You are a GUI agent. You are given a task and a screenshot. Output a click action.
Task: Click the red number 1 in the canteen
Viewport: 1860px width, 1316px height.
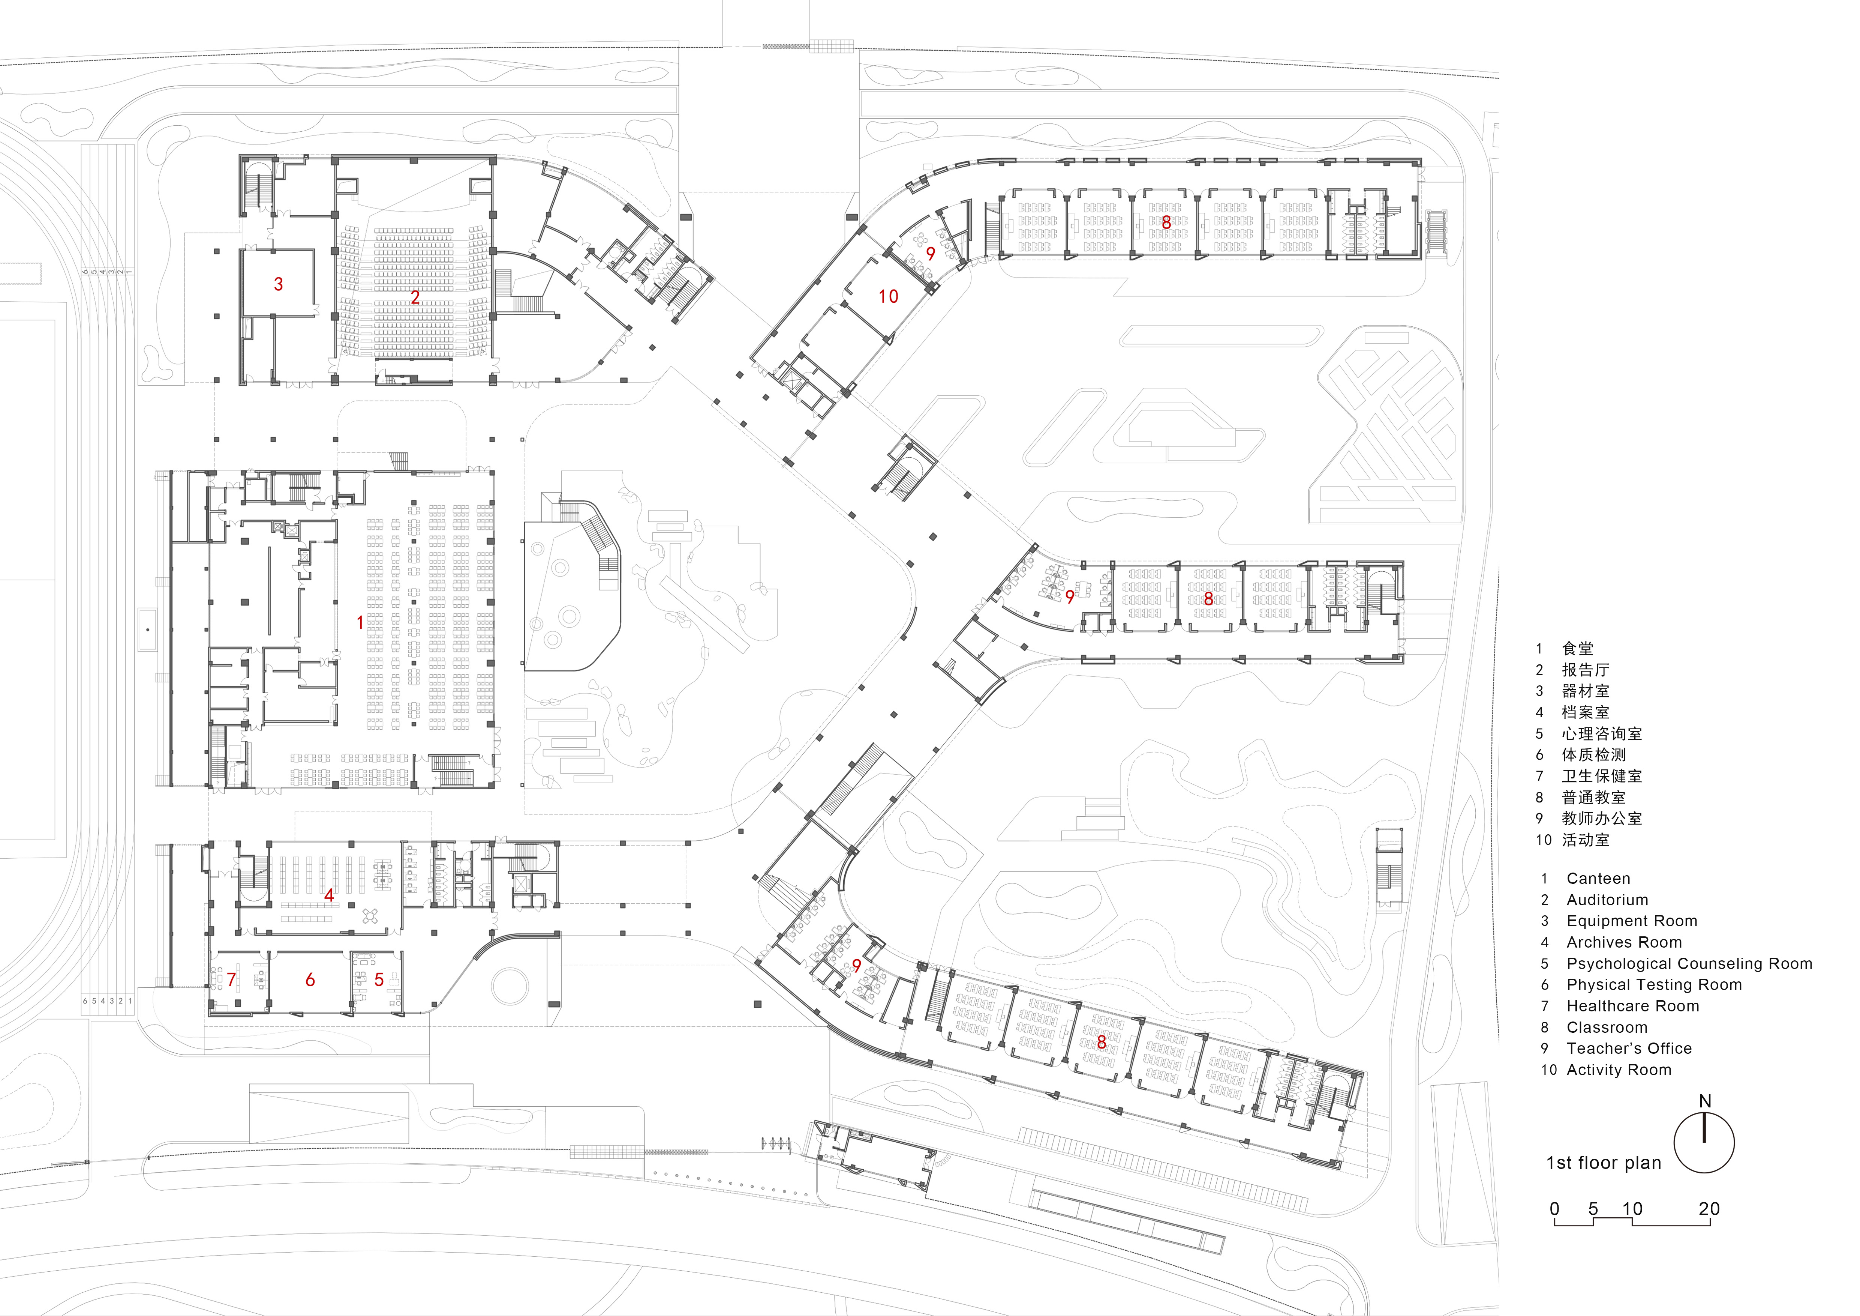point(361,622)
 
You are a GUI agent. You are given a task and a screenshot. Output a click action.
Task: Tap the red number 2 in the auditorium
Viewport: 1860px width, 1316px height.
point(415,297)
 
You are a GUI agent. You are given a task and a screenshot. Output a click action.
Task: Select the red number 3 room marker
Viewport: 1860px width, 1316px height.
point(279,284)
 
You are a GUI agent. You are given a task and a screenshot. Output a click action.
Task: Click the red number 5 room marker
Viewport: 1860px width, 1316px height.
point(379,980)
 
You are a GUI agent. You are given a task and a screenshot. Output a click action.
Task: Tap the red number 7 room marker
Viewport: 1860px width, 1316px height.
point(232,980)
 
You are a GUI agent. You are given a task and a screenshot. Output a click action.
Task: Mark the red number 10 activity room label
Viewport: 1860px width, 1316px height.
point(889,297)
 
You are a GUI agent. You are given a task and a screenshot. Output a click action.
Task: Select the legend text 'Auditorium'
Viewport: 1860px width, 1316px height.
point(1607,900)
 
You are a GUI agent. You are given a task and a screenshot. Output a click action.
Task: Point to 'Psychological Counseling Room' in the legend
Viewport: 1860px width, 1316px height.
point(1689,963)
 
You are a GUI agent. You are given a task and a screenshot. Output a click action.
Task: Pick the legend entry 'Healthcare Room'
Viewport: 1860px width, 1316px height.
point(1632,1006)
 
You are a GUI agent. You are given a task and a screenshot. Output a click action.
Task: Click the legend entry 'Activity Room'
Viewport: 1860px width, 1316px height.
point(1619,1070)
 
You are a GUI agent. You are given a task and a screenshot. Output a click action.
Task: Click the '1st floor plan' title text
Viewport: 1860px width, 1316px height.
point(1603,1163)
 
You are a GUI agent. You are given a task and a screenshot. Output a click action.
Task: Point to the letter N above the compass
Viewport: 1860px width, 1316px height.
point(1704,1101)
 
